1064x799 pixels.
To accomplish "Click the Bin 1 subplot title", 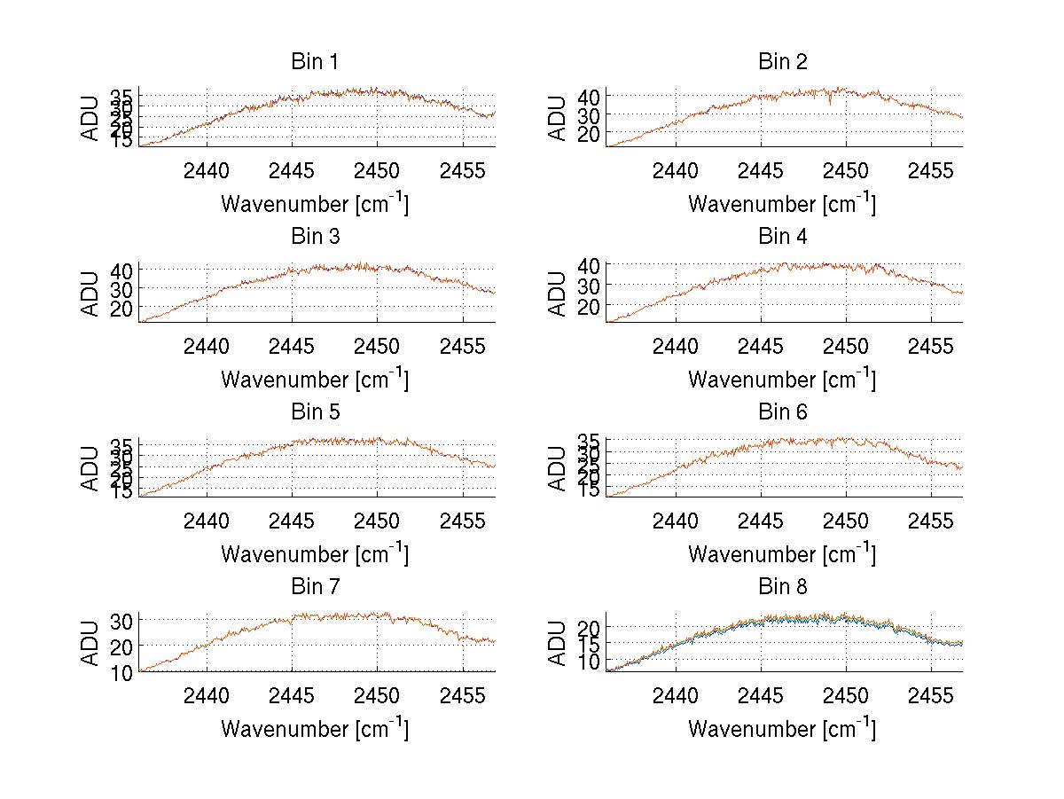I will [315, 62].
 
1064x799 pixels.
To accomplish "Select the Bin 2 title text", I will [783, 62].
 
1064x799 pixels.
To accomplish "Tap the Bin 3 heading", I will [315, 237].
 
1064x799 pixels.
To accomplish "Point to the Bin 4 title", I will [783, 237].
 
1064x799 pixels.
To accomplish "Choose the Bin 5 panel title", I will [315, 411].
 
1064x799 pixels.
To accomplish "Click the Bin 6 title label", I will [783, 411].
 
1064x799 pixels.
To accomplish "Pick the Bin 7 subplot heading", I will [315, 586].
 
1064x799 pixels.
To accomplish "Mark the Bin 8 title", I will [783, 586].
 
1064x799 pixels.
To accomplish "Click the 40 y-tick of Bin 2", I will [589, 96].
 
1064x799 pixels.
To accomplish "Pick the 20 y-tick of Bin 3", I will [121, 308].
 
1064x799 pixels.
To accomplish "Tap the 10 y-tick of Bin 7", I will [121, 672].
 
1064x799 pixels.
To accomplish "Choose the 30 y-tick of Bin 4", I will [589, 285].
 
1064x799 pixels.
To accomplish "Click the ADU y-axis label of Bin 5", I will [91, 467].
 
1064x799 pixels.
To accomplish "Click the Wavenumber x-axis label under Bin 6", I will [781, 554].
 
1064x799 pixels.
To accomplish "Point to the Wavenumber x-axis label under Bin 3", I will [314, 380].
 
